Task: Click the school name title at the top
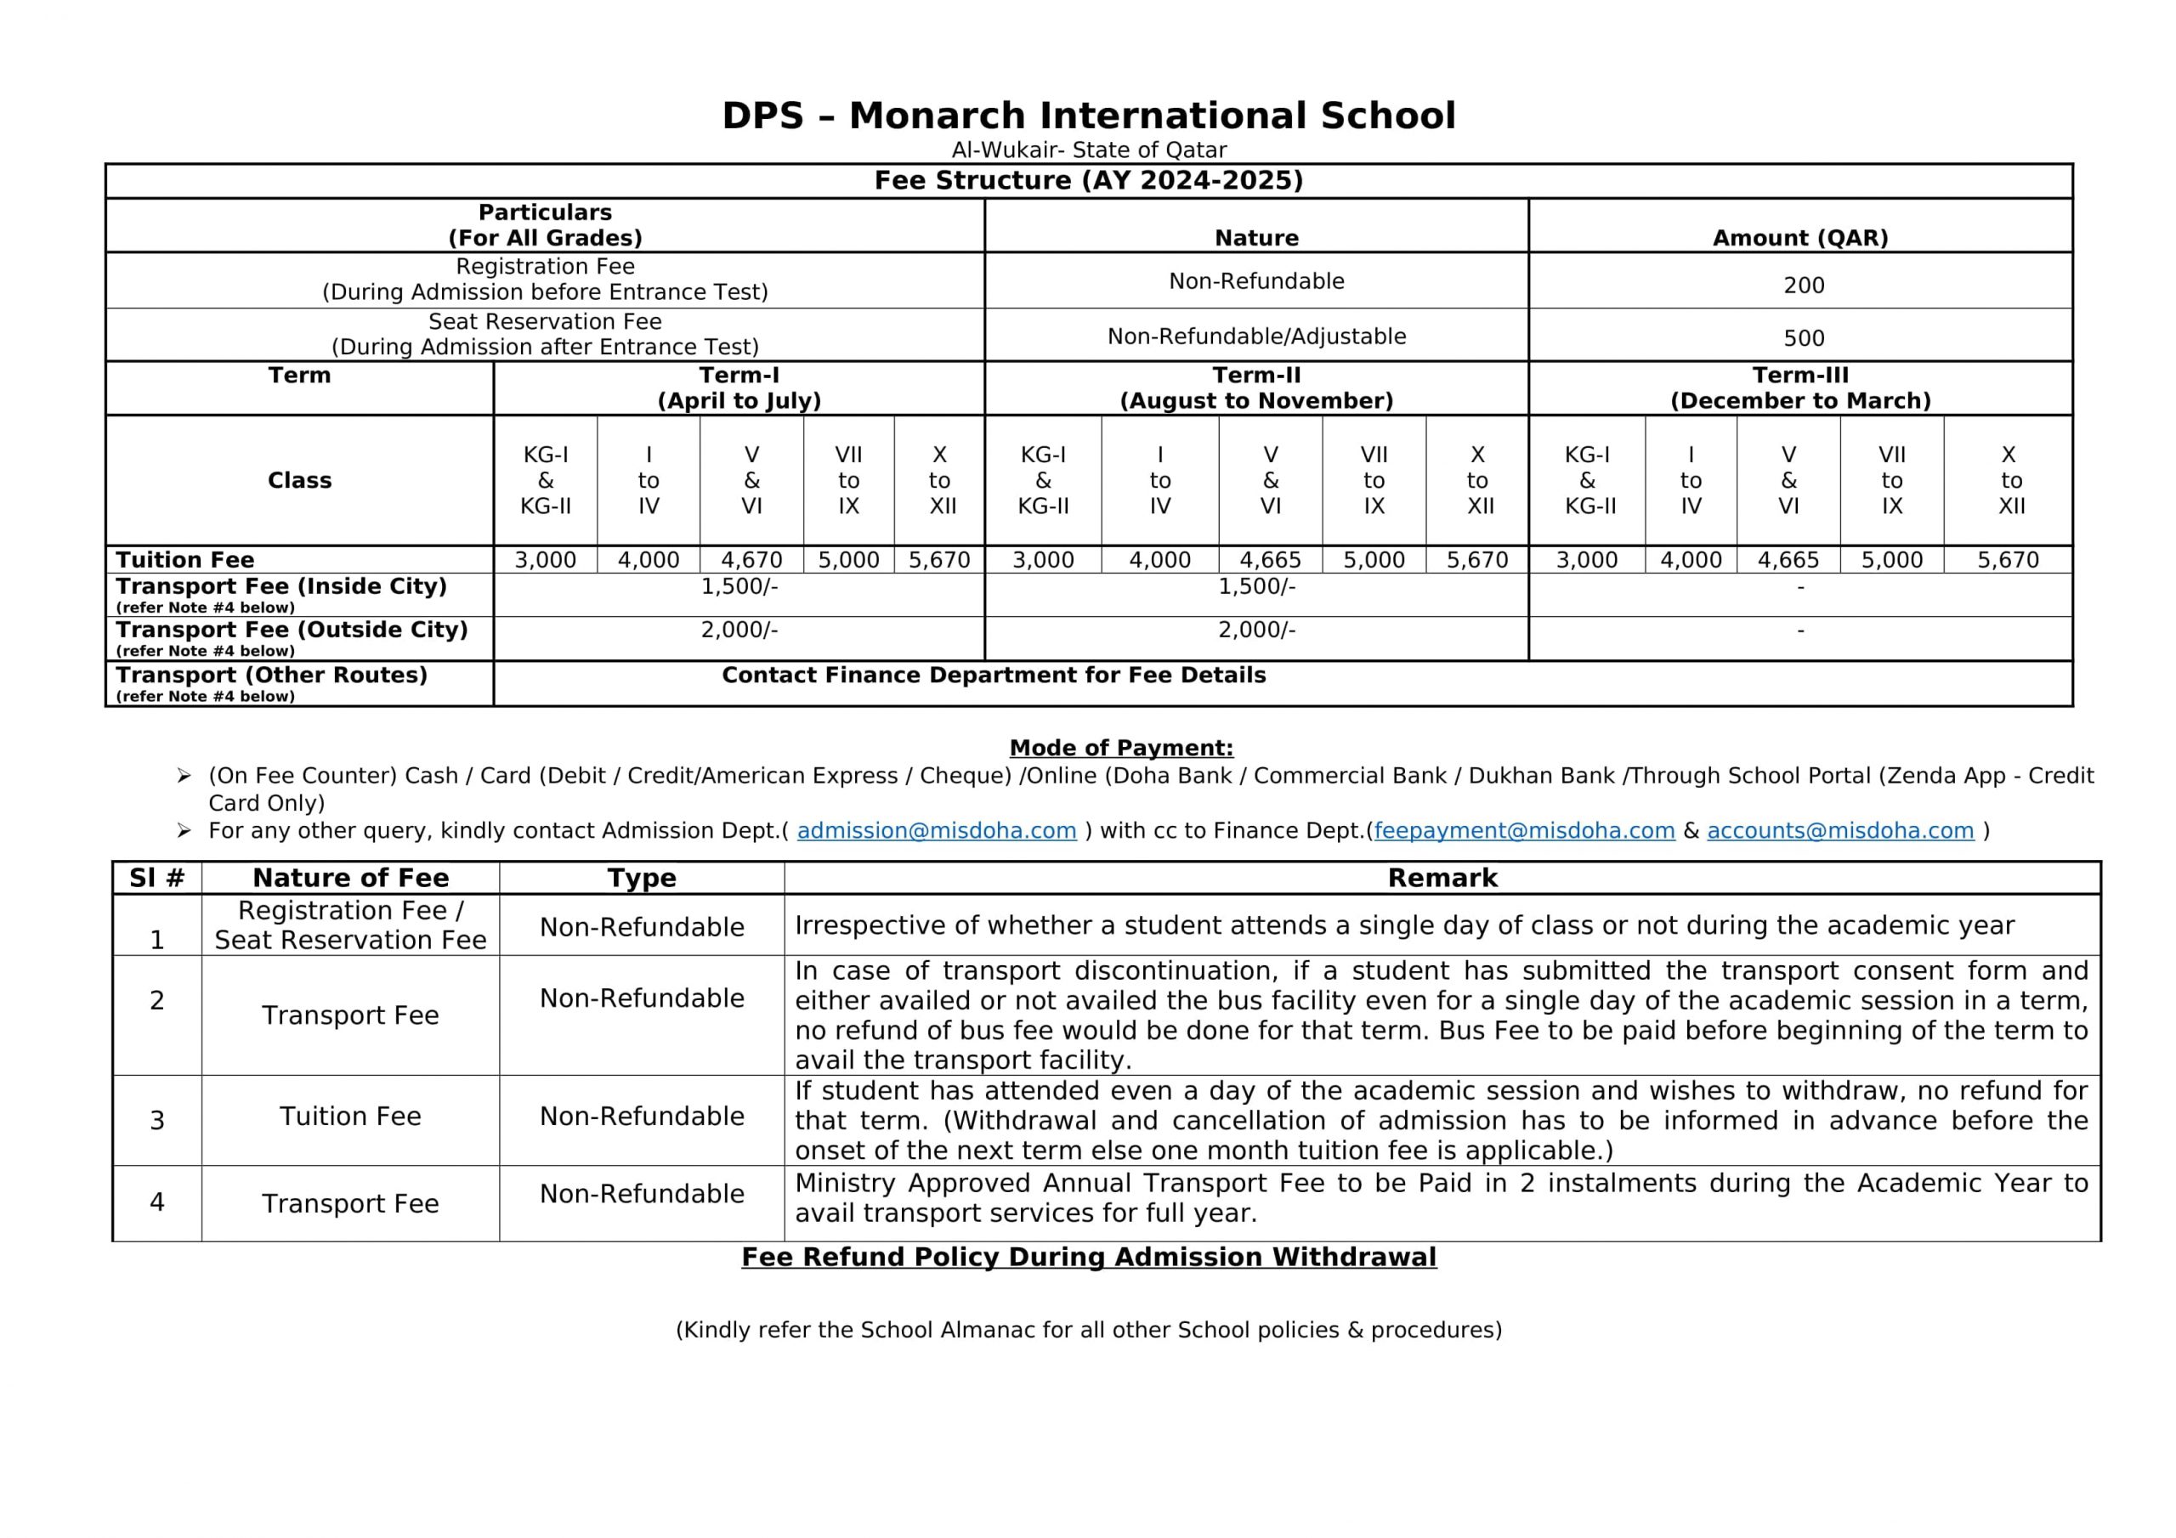1088,116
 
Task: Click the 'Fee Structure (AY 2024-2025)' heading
1088,180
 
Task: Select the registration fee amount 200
1804,286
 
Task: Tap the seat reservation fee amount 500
1804,338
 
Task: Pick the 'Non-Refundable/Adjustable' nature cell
1256,336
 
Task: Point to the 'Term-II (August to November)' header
1256,387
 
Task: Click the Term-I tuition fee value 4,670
751,560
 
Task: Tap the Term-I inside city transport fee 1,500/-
739,586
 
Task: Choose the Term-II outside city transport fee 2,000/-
1256,630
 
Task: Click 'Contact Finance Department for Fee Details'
994,676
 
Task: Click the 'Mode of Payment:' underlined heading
1121,748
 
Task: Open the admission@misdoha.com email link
937,831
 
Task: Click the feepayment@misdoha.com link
1524,831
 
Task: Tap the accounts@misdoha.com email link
1840,831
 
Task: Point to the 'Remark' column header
1442,878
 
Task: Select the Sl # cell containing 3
157,1121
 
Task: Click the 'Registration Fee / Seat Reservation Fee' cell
351,924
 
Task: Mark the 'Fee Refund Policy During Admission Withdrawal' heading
1089,1258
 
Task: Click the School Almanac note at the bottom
1089,1331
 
